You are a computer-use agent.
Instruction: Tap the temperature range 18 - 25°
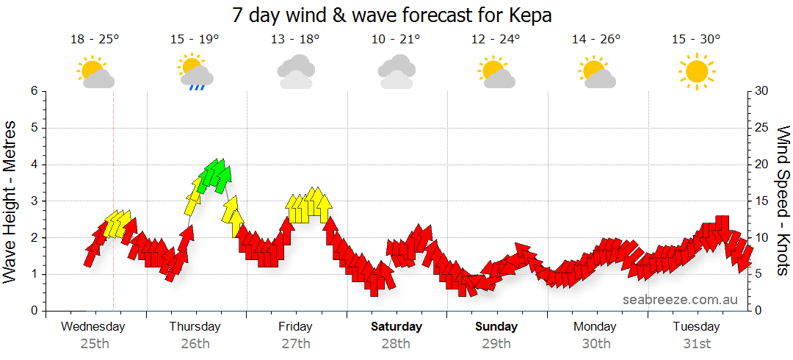pyautogui.click(x=95, y=40)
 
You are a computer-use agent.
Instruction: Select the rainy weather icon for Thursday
pyautogui.click(x=195, y=72)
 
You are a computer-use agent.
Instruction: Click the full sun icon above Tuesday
pyautogui.click(x=696, y=71)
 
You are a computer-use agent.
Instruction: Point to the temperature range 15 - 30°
pyautogui.click(x=696, y=40)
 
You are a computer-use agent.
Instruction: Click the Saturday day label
pyautogui.click(x=396, y=326)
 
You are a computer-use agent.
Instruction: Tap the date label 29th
pyautogui.click(x=496, y=343)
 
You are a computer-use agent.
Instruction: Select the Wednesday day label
pyautogui.click(x=93, y=326)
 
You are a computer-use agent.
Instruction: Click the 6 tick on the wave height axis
pyautogui.click(x=33, y=91)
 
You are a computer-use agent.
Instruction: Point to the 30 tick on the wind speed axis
pyautogui.click(x=761, y=91)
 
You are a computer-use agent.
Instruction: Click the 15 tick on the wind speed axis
pyautogui.click(x=761, y=201)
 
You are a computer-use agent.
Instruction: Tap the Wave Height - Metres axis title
pyautogui.click(x=11, y=201)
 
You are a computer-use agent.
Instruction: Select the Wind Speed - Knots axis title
pyautogui.click(x=783, y=201)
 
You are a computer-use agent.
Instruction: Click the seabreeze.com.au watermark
pyautogui.click(x=680, y=300)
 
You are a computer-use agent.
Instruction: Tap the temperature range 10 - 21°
pyautogui.click(x=396, y=40)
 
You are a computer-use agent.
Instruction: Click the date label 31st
pyautogui.click(x=696, y=343)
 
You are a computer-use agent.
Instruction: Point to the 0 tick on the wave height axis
pyautogui.click(x=33, y=311)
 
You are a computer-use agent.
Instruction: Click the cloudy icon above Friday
pyautogui.click(x=296, y=71)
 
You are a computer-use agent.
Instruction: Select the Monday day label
pyautogui.click(x=595, y=326)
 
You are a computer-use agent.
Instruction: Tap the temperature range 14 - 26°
pyautogui.click(x=596, y=40)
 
